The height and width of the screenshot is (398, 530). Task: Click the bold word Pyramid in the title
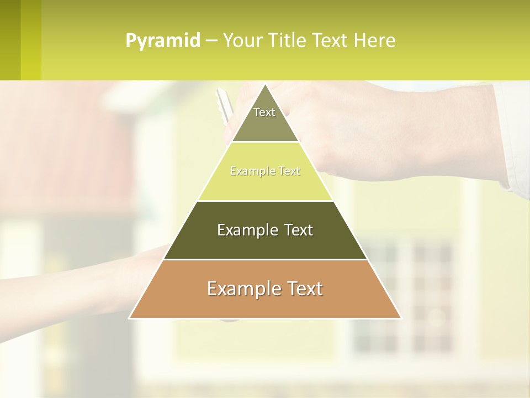tap(162, 41)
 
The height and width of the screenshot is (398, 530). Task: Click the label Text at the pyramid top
tap(264, 112)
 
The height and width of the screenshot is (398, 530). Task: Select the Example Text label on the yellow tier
tap(265, 171)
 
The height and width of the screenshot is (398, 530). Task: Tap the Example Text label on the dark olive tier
tap(265, 230)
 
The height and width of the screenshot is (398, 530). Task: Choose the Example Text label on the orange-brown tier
tap(265, 289)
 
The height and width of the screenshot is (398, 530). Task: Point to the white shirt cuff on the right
tap(513, 138)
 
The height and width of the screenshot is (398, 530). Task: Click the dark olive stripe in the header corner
tap(10, 40)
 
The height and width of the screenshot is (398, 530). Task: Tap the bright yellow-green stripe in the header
tap(31, 40)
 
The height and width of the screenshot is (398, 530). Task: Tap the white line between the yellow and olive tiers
tap(265, 201)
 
